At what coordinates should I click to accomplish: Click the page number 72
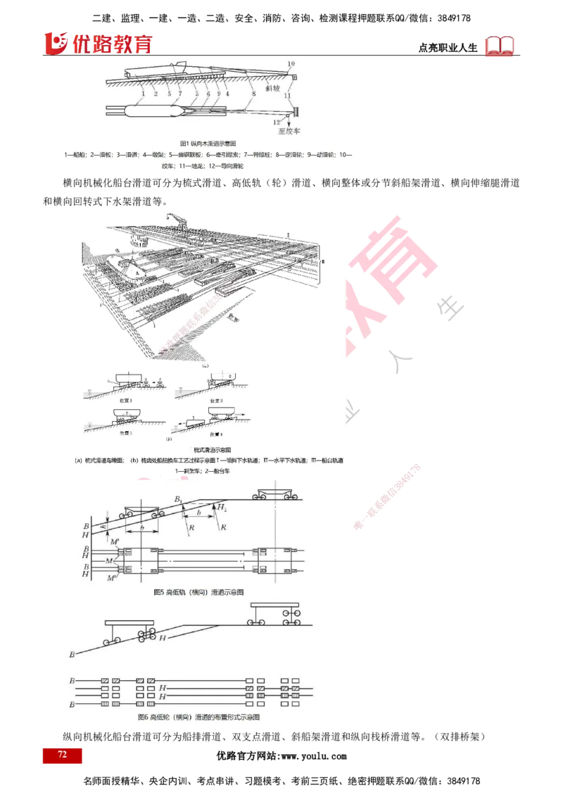[62, 755]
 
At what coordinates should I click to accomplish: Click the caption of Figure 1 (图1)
[210, 143]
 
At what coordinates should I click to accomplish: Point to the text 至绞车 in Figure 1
[289, 130]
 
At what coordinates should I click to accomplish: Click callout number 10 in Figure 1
[291, 65]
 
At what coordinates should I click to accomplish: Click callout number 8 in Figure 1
[253, 93]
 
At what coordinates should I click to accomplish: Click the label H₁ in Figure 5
[222, 507]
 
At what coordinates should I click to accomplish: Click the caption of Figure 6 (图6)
[199, 718]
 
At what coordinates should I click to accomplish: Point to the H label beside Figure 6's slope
[163, 638]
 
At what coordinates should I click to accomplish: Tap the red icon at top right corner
[500, 46]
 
